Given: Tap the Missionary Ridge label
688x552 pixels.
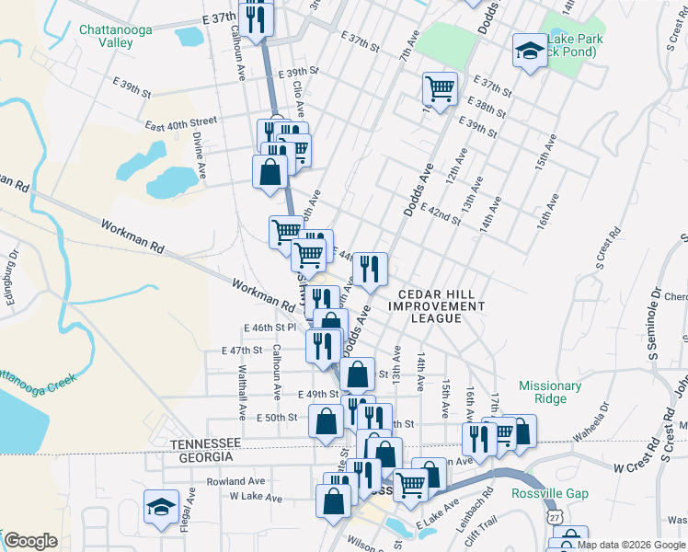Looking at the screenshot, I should coord(550,393).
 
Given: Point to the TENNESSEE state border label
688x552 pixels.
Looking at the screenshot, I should coord(205,443).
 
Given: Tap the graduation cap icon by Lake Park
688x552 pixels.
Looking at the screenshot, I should coord(529,51).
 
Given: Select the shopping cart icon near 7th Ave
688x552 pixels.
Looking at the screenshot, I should coord(441,89).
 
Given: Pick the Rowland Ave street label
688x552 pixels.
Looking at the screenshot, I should coord(235,481).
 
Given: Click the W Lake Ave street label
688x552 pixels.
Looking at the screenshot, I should coord(253,497).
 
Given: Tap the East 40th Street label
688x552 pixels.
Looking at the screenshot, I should coord(180,121).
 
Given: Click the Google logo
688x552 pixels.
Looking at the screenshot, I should coord(31,541).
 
